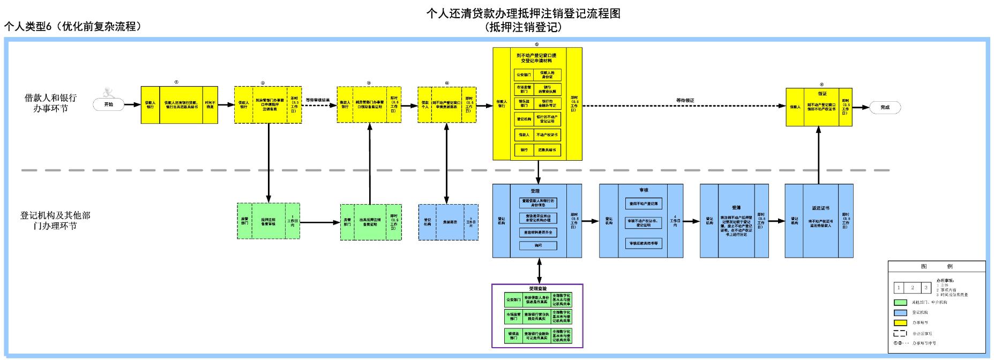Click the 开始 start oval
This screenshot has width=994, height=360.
click(109, 104)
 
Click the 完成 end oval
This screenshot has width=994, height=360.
click(885, 107)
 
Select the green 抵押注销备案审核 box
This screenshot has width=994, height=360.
click(268, 221)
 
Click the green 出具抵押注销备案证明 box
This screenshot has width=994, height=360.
click(370, 222)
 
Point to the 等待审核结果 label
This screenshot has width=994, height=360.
click(317, 100)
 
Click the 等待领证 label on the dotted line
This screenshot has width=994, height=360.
click(685, 100)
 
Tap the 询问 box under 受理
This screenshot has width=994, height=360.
click(538, 246)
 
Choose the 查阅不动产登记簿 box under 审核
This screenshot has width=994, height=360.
click(644, 204)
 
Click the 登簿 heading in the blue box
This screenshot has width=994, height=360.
click(736, 208)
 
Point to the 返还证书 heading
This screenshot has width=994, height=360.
click(820, 208)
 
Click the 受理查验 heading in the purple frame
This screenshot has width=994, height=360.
click(537, 289)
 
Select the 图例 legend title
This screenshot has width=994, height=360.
click(936, 266)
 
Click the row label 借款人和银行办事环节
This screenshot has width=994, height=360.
click(51, 103)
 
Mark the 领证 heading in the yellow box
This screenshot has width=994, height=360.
click(822, 94)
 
